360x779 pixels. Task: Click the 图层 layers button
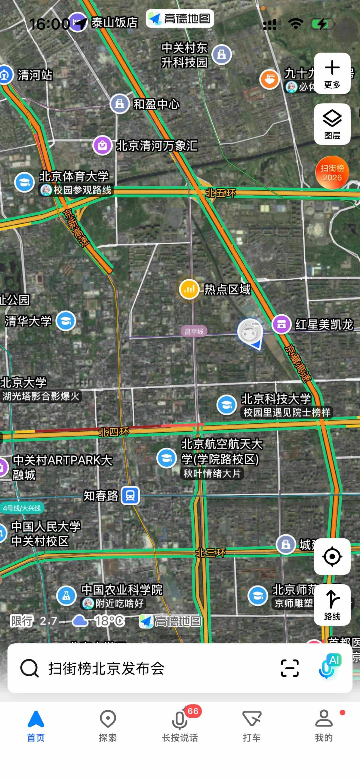pos(332,124)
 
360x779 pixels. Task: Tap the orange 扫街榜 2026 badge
pos(332,172)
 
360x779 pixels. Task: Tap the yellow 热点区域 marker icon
pos(189,289)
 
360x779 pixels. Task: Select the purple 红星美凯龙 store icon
pos(281,324)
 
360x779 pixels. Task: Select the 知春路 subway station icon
pos(130,495)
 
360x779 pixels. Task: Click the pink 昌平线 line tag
pos(194,331)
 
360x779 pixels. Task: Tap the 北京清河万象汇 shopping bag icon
pos(102,145)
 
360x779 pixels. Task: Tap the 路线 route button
pos(332,605)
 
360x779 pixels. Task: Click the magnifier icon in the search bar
pos(29,668)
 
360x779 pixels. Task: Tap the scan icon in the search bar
pos(289,668)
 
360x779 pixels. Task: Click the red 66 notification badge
pos(193,711)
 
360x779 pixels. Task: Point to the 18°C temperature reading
pos(109,621)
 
